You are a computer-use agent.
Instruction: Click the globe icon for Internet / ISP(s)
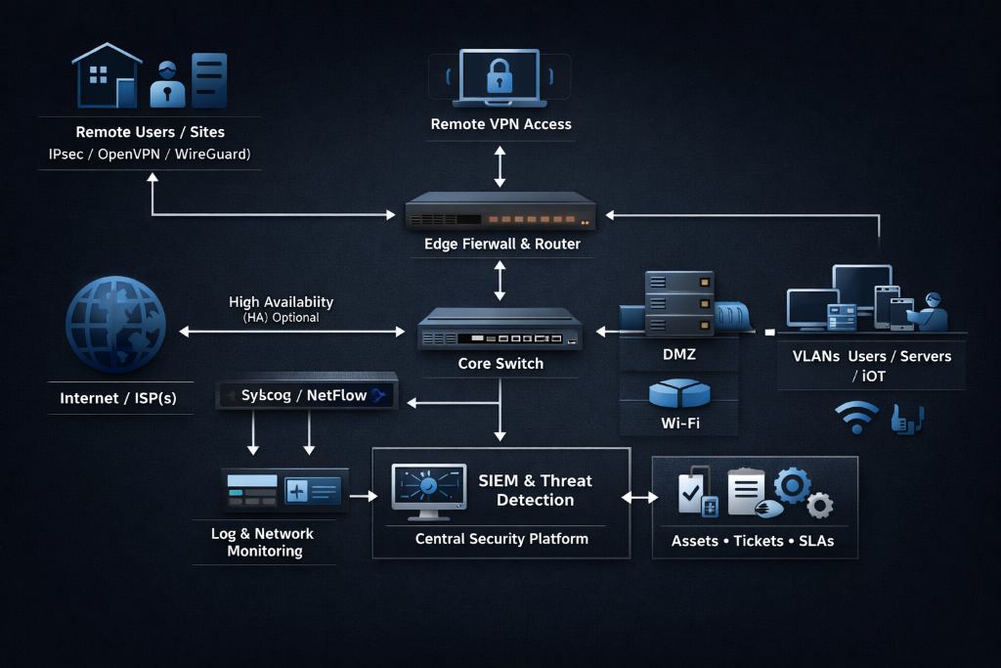tap(114, 324)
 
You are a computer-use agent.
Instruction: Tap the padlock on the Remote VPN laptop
tap(500, 75)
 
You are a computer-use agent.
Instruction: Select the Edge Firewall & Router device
tap(500, 209)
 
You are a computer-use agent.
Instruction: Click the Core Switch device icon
tap(500, 330)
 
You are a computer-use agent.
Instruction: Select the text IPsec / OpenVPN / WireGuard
tap(150, 155)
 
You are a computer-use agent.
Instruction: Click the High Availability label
tap(281, 302)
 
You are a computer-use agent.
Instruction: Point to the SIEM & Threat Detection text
tap(535, 490)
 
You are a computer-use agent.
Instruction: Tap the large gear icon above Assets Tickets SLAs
tap(791, 486)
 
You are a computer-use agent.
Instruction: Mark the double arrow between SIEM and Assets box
tap(640, 498)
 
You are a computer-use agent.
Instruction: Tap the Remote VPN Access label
tap(500, 124)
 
